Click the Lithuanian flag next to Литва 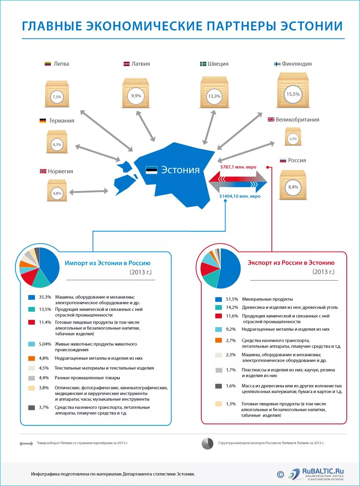coord(48,64)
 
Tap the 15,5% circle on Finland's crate coord(293,94)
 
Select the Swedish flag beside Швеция coord(203,64)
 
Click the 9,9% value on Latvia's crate coord(136,96)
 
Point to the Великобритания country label coord(297,120)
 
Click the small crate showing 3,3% coord(293,137)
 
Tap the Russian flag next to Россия coord(283,161)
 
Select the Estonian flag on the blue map coord(152,170)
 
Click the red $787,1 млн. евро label coord(238,167)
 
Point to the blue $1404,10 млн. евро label coord(240,196)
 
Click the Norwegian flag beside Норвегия coord(43,171)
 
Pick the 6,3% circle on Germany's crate coord(57,144)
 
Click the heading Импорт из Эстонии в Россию coord(107,263)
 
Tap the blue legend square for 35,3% coord(32,297)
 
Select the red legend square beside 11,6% coord(219,316)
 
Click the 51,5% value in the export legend coord(232,299)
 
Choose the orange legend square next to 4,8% coord(32,358)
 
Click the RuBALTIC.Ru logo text coord(323,472)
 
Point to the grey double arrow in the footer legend coord(26,443)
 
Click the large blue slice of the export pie coord(230,268)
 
